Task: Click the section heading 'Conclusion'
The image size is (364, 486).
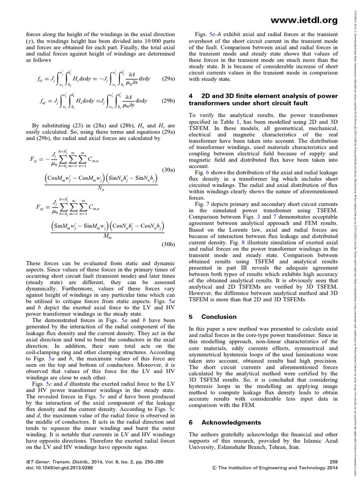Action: [x=219, y=317]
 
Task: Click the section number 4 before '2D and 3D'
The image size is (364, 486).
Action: [x=191, y=96]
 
